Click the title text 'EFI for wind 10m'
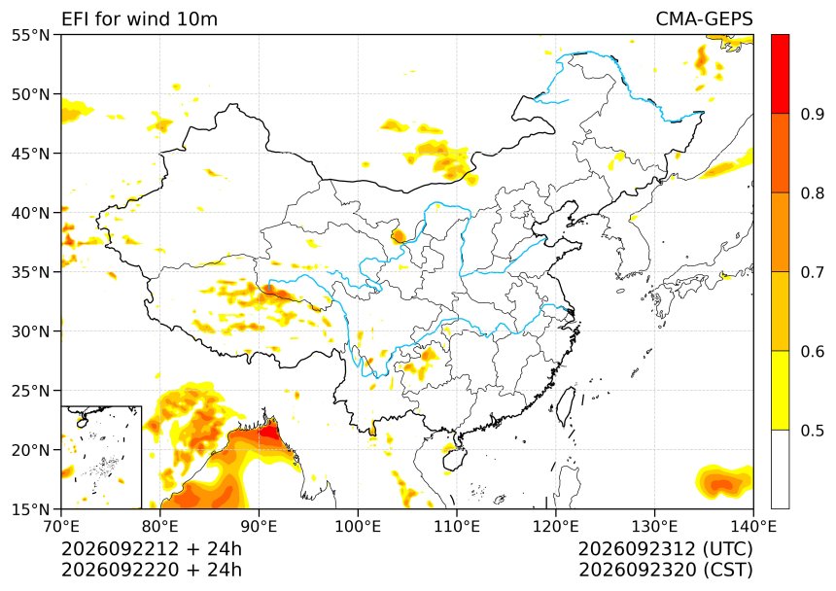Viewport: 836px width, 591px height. pyautogui.click(x=140, y=19)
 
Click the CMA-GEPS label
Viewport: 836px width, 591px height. pyautogui.click(x=704, y=19)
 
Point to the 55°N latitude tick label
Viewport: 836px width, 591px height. pyautogui.click(x=30, y=35)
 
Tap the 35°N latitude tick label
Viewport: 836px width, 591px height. pyautogui.click(x=30, y=272)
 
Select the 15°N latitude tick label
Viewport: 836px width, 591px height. pyautogui.click(x=30, y=509)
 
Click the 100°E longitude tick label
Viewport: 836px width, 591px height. pyautogui.click(x=358, y=527)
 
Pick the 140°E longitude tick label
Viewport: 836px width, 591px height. pyautogui.click(x=752, y=527)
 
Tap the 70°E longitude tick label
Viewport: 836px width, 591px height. pyautogui.click(x=61, y=527)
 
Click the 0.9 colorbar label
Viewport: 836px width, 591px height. pyautogui.click(x=812, y=114)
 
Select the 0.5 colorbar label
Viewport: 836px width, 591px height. pyautogui.click(x=812, y=431)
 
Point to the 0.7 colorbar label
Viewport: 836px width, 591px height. pyautogui.click(x=812, y=272)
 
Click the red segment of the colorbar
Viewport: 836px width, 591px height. pyautogui.click(x=780, y=74)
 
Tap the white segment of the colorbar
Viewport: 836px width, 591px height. pyautogui.click(x=780, y=469)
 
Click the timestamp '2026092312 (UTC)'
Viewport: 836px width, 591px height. pyautogui.click(x=666, y=549)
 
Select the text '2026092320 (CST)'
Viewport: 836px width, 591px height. pyautogui.click(x=666, y=571)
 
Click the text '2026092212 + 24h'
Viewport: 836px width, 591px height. pyautogui.click(x=152, y=549)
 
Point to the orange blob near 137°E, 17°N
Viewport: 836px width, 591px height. pyautogui.click(x=723, y=482)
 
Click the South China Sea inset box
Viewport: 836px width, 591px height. pyautogui.click(x=101, y=457)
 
